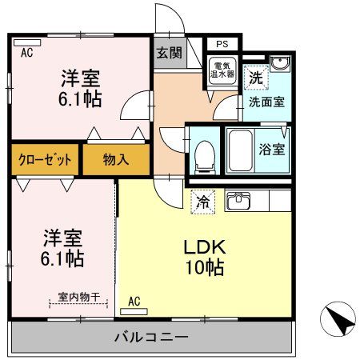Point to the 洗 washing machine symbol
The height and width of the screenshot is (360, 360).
[254, 78]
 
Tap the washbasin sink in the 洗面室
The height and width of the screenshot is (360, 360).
[278, 66]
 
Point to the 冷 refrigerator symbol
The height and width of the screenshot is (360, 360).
[204, 202]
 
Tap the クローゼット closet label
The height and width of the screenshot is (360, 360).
[46, 159]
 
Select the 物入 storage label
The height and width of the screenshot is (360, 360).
[115, 159]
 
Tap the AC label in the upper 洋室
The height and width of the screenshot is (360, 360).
[26, 54]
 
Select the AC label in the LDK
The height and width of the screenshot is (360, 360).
[134, 302]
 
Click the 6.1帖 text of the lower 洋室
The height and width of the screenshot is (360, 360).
[63, 260]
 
